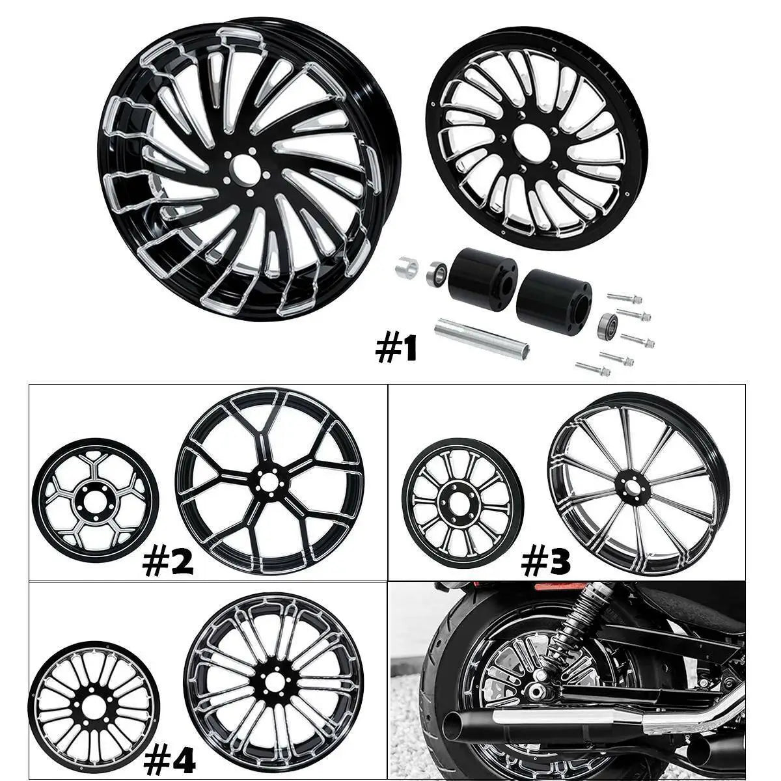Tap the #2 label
168,563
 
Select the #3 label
545,562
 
